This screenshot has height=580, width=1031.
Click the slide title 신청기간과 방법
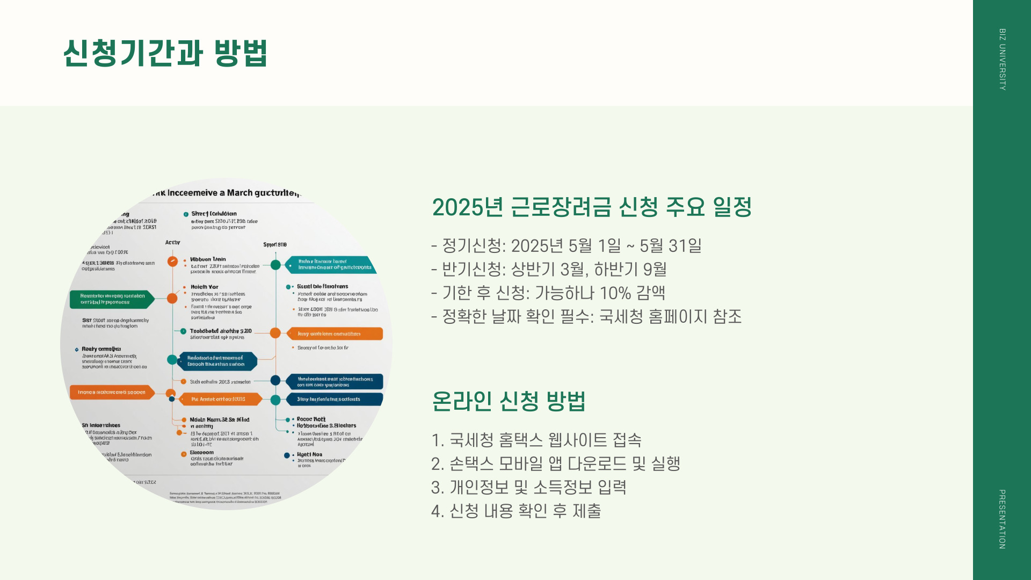[x=165, y=53]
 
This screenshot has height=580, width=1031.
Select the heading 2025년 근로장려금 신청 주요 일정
[x=591, y=207]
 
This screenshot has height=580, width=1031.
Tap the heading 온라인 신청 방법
[x=508, y=401]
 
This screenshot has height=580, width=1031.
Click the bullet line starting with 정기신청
[x=566, y=246]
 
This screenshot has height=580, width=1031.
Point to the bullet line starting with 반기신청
[x=548, y=269]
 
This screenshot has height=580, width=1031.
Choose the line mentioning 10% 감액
[x=548, y=293]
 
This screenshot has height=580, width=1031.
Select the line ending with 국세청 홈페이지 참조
[x=586, y=316]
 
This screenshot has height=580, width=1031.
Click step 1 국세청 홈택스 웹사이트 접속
[x=536, y=440]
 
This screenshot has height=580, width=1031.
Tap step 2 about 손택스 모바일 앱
[x=555, y=463]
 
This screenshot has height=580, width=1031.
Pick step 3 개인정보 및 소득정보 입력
[x=528, y=487]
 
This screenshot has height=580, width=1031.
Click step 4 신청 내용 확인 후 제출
[x=515, y=511]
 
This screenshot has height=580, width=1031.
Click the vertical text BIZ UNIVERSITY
[x=1002, y=59]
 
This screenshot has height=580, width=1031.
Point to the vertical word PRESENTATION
[x=1002, y=519]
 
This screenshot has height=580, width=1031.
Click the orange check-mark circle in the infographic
[x=172, y=262]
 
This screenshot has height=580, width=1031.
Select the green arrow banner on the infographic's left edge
[x=112, y=299]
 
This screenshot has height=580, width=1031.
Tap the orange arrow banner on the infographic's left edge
[x=112, y=393]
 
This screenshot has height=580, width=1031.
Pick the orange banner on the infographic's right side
[x=333, y=334]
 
